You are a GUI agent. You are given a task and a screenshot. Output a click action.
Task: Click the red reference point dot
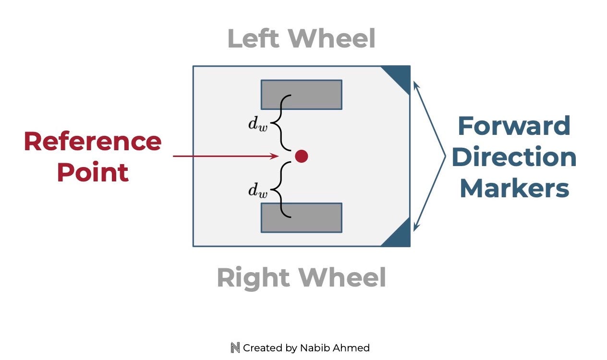point(301,156)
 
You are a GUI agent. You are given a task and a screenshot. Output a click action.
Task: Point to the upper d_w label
point(258,124)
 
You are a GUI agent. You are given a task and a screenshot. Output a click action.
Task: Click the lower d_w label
point(258,191)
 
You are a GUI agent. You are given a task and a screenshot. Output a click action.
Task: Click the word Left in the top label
point(253,39)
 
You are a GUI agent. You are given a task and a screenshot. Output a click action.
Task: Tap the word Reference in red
point(93,141)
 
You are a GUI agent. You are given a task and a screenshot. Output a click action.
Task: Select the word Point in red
point(93,172)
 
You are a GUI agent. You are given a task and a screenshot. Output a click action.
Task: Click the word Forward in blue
point(514,126)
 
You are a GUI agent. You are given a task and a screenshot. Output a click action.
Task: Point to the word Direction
point(514,157)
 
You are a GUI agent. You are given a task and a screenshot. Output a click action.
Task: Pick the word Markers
point(514,189)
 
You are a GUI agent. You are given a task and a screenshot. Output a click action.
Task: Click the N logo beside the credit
point(235,348)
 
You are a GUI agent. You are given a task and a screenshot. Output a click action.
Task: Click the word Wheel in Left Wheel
point(333,39)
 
